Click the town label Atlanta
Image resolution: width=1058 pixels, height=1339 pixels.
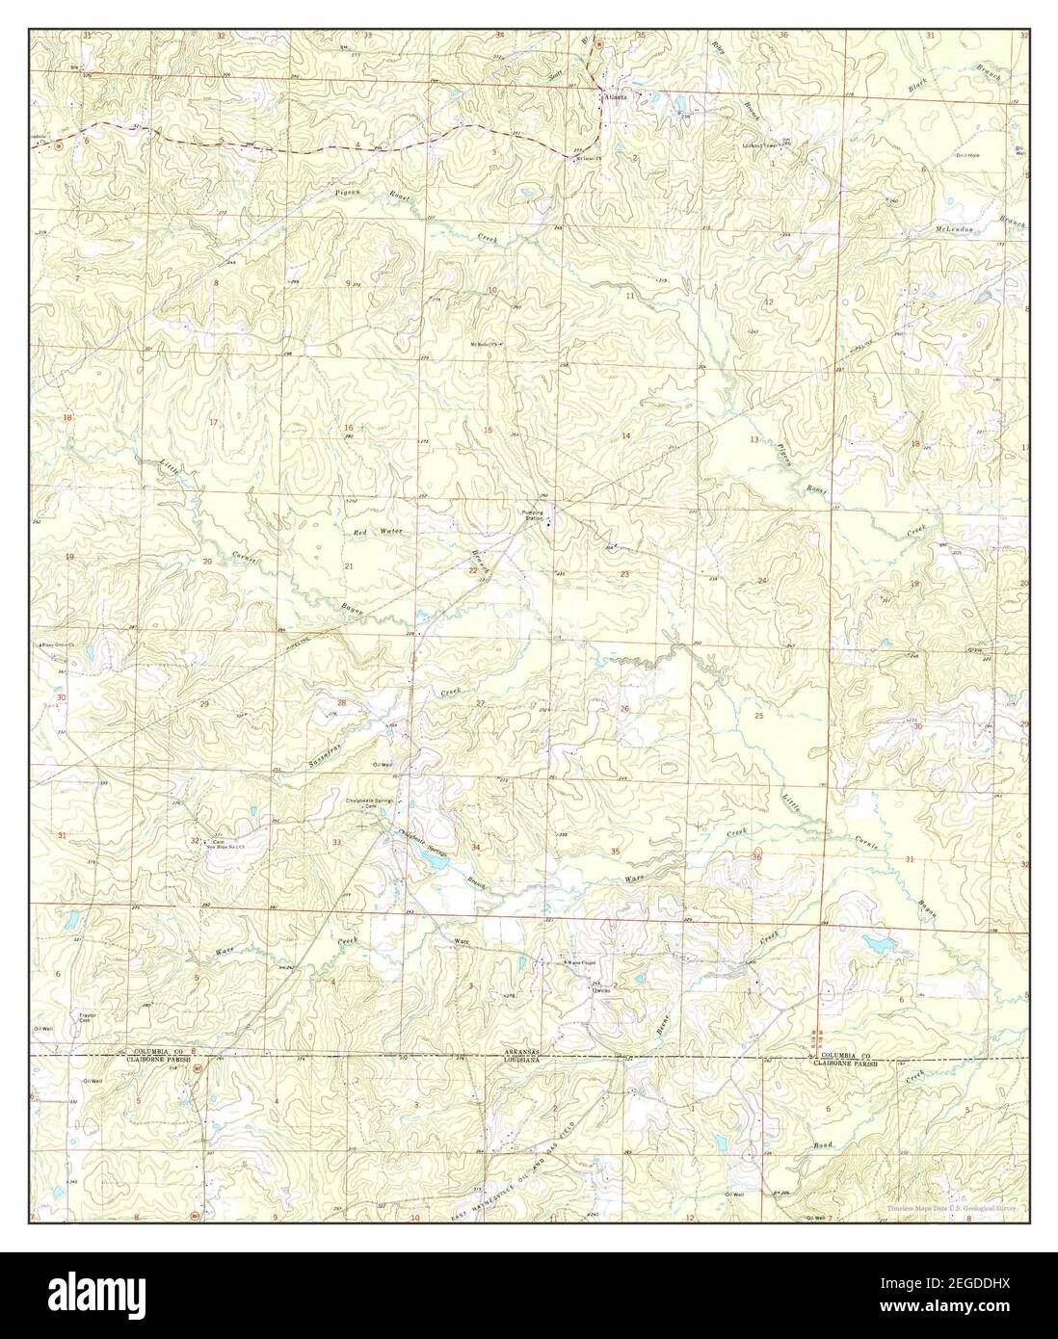tap(615, 97)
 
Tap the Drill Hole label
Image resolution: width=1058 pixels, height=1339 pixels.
tap(967, 155)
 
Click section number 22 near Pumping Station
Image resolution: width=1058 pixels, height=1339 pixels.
tap(472, 571)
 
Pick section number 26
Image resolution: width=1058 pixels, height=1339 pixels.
tap(624, 709)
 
